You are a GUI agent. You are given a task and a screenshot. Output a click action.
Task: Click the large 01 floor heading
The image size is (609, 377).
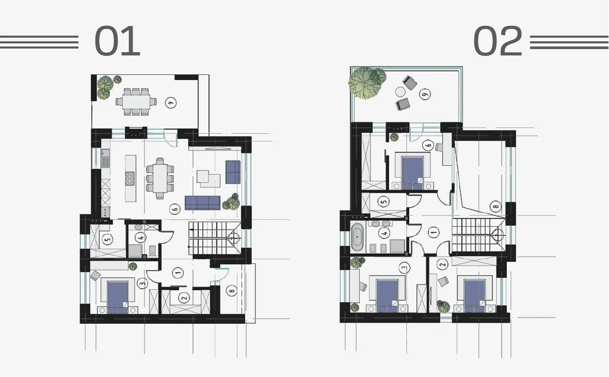[117, 41]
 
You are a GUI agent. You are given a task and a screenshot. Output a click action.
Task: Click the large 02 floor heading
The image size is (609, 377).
[498, 41]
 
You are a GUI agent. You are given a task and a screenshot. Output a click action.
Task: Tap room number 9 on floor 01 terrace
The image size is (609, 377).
[170, 103]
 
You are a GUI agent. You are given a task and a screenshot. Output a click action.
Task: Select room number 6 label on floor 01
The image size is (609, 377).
[175, 209]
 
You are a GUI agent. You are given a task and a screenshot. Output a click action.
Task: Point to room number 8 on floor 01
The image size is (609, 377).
[232, 291]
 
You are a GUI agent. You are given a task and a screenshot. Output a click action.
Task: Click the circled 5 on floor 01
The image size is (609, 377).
[108, 239]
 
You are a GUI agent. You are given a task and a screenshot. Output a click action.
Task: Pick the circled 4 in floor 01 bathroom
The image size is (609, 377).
[140, 237]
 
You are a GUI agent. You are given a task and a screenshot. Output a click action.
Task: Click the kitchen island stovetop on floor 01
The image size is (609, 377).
[130, 178]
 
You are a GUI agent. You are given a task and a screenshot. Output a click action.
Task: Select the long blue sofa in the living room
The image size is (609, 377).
[203, 202]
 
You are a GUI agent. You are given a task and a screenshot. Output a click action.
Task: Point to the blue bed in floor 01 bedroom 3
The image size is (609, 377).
[118, 296]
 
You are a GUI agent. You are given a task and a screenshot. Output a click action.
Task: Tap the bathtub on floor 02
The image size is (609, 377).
[357, 237]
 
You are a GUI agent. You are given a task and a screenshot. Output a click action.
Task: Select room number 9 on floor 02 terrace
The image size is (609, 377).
[425, 93]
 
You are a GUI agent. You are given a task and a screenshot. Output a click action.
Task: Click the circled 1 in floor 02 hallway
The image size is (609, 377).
[434, 232]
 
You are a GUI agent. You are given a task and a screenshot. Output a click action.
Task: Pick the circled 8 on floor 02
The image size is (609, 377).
[495, 206]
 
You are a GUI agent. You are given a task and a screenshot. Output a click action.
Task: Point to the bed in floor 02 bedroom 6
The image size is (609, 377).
[412, 172]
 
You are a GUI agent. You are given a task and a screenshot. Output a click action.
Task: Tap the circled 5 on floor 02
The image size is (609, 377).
[384, 201]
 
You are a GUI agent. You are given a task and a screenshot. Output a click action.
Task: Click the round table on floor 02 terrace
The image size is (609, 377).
[400, 92]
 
